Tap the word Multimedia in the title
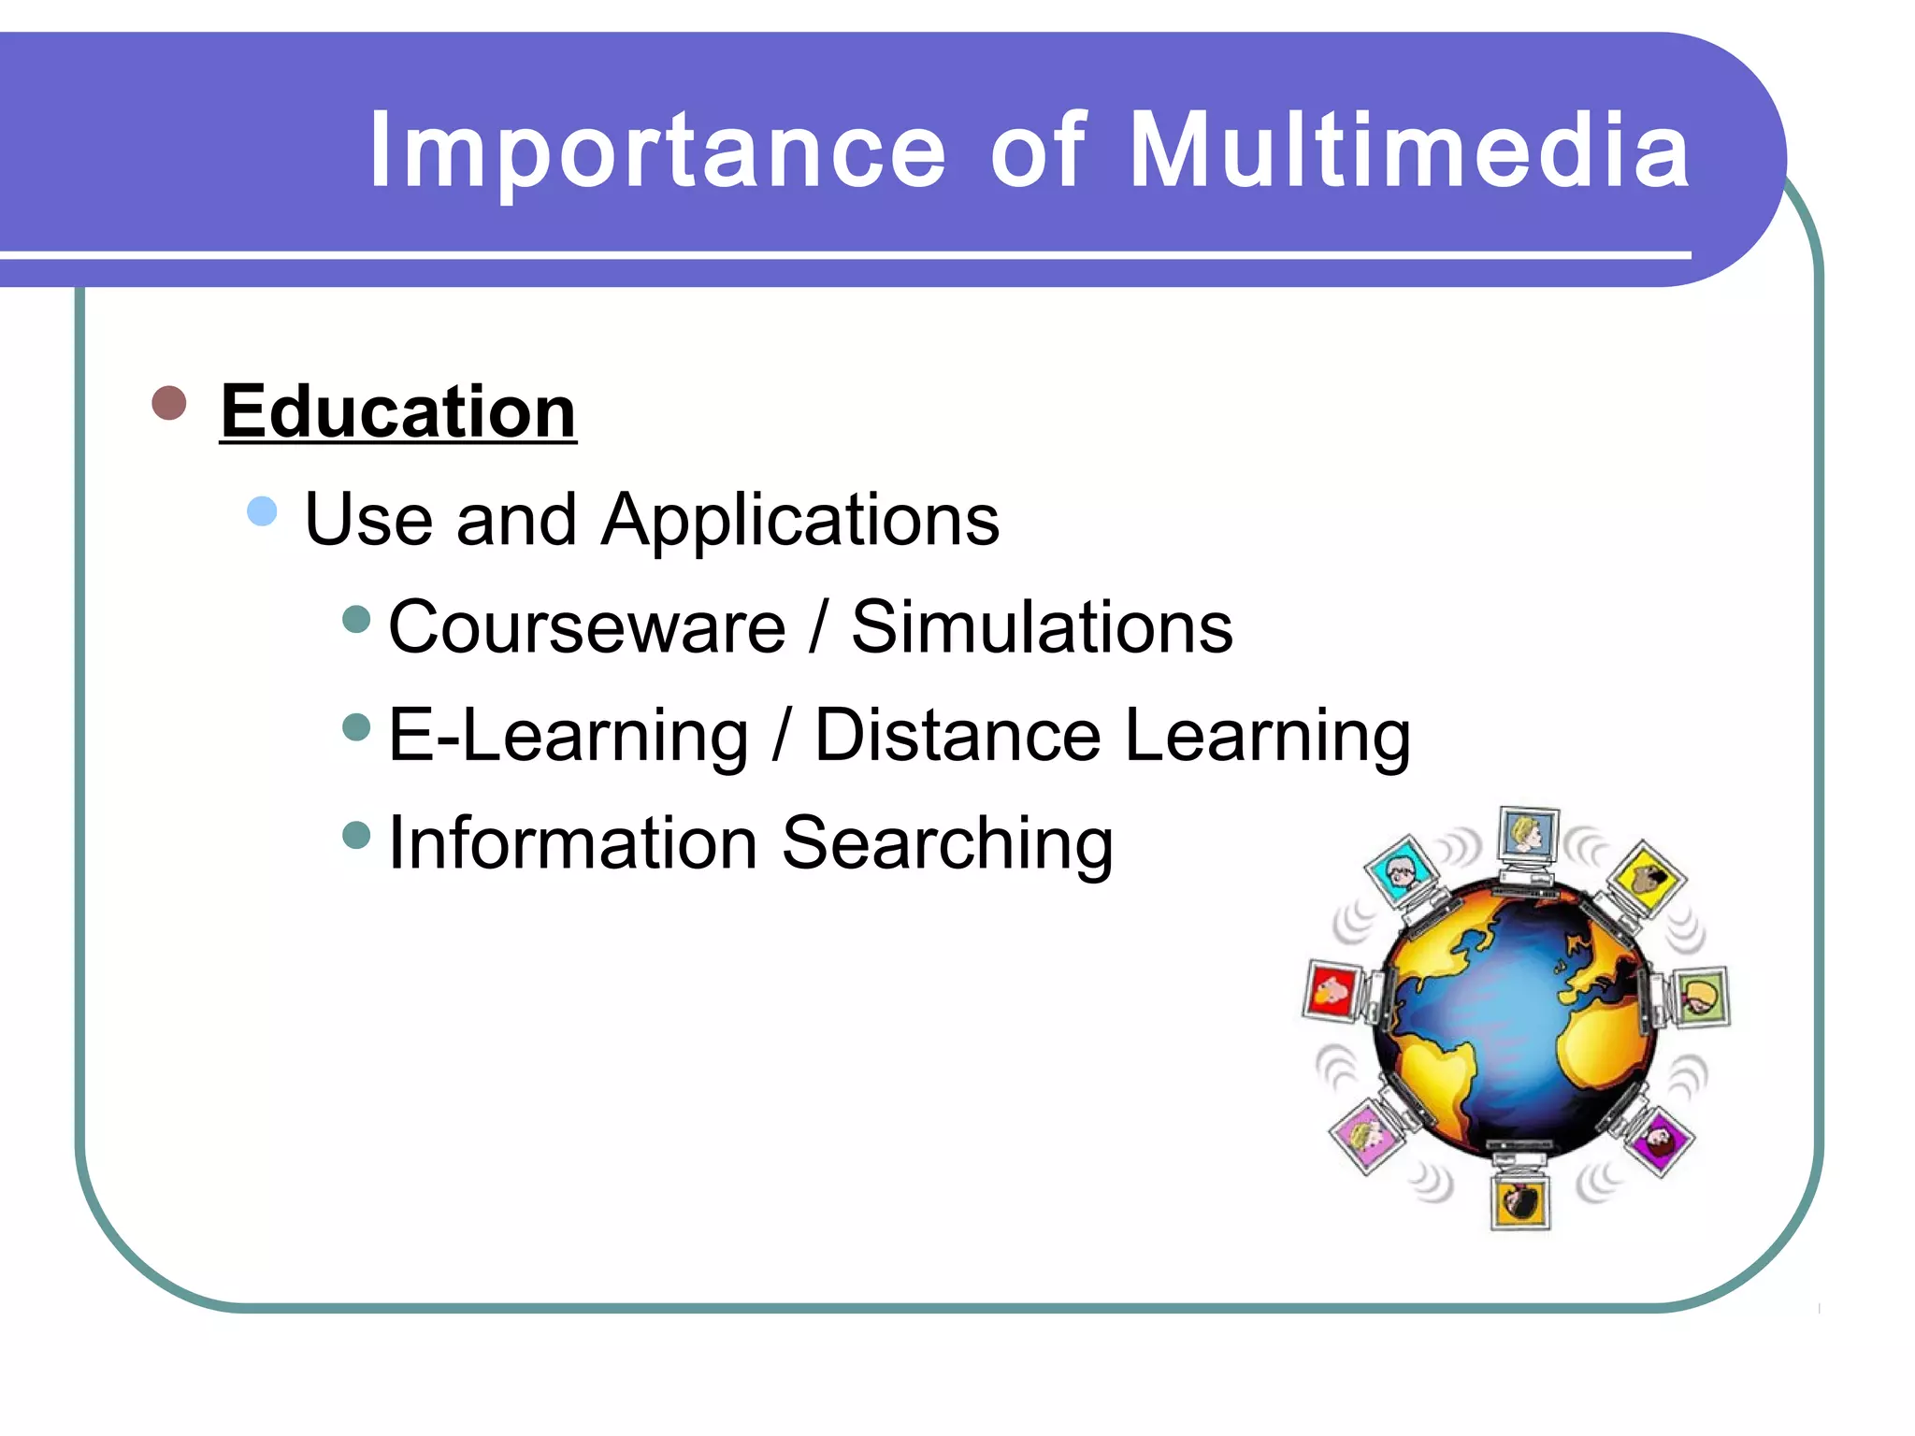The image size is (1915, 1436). click(x=1409, y=151)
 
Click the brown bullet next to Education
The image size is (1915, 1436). click(x=169, y=403)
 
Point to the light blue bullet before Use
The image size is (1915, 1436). click(x=263, y=511)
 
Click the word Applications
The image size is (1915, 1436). click(x=800, y=520)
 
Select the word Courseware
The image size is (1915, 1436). click(x=587, y=627)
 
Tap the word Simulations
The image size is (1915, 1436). click(x=1042, y=627)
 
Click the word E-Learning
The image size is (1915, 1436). click(x=569, y=736)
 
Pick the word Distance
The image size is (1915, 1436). click(x=957, y=736)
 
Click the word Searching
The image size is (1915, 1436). click(x=946, y=843)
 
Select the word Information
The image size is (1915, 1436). click(x=572, y=843)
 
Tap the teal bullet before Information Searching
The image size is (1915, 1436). click(x=356, y=834)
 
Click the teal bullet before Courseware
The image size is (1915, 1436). click(x=356, y=619)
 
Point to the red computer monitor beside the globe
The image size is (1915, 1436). click(x=1332, y=989)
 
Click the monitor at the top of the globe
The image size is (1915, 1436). click(x=1528, y=834)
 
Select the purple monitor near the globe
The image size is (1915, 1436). click(x=1661, y=1139)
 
